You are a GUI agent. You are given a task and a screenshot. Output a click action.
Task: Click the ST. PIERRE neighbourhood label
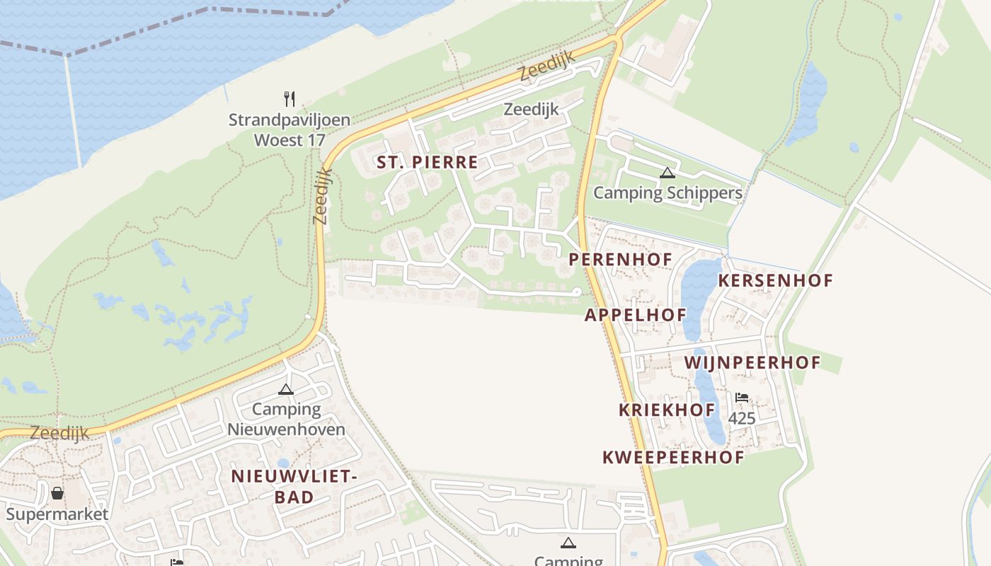click(427, 162)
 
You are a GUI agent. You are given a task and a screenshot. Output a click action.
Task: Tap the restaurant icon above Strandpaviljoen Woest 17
click(289, 98)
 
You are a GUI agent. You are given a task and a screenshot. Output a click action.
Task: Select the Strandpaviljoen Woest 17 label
click(289, 129)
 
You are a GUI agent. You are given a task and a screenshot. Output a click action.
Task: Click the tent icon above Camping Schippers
click(667, 173)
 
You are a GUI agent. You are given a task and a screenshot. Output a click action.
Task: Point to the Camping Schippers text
click(668, 192)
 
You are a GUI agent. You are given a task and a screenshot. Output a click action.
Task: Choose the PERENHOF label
click(621, 259)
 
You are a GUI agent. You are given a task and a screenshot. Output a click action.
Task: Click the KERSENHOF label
click(775, 280)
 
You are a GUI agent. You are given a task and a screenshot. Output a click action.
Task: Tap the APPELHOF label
click(635, 315)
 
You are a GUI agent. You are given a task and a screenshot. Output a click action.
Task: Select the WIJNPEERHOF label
click(752, 363)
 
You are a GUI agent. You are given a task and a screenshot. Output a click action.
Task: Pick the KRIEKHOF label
click(667, 410)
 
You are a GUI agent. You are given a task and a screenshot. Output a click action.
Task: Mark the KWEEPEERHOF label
click(673, 457)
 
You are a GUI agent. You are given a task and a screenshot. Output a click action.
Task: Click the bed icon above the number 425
click(742, 398)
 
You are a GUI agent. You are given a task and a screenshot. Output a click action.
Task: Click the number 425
click(742, 418)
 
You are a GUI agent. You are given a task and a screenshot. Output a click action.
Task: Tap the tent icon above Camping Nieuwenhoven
click(285, 389)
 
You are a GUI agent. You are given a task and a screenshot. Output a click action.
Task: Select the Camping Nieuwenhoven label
click(286, 419)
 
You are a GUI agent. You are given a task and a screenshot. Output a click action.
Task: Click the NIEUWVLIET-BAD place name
click(294, 486)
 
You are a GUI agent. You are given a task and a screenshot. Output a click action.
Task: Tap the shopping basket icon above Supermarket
click(57, 492)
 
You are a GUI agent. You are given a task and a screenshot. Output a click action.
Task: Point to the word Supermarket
click(57, 514)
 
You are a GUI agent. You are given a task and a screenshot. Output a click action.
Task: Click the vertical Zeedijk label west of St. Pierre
click(322, 196)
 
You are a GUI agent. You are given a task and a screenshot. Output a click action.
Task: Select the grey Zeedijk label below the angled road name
click(531, 109)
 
